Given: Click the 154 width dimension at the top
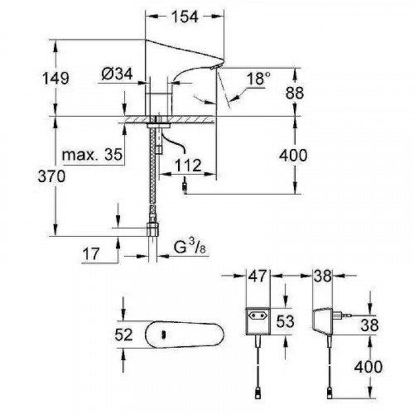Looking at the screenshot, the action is pos(185,17).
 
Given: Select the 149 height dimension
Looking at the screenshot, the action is pos(55,78).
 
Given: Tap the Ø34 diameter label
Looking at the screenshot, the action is pos(118,74).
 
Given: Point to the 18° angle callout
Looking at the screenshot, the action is pos(258,79).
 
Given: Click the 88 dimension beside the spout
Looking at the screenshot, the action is pos(295,93).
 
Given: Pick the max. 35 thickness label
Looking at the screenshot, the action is pos(92,155).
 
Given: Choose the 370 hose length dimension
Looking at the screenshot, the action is pos(51,176).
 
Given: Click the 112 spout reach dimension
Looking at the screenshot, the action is pos(188,166).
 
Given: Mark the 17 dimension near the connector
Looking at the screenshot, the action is pos(91,254).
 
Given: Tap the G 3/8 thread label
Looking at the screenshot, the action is pos(190,247).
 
